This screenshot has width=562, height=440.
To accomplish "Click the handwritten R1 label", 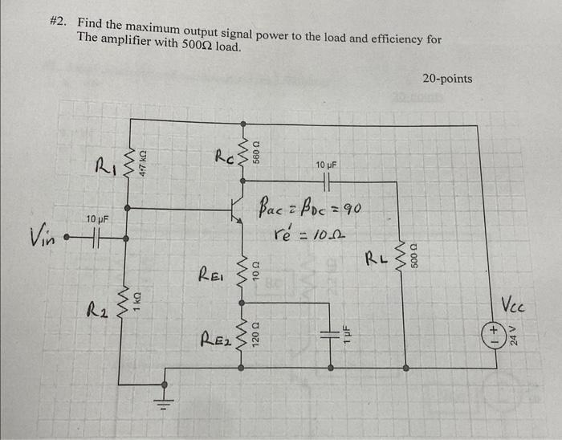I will [x=107, y=166].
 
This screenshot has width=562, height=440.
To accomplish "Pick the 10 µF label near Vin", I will [x=97, y=218].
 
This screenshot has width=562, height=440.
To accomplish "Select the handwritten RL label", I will [x=377, y=259].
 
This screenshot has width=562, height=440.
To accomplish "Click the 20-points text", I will [x=447, y=79].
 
